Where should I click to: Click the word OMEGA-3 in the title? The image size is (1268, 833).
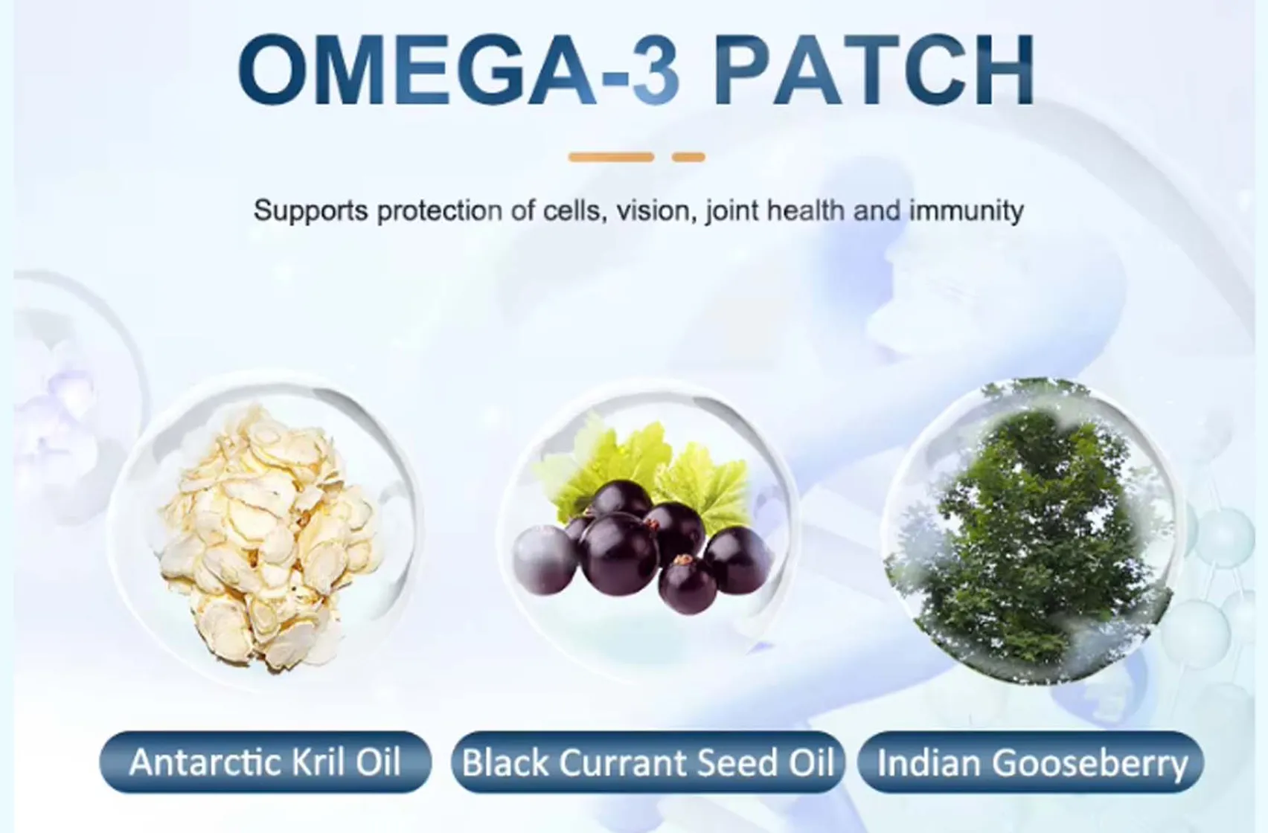click(458, 68)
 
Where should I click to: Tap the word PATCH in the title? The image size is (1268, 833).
click(875, 68)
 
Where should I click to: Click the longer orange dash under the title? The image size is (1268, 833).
click(611, 157)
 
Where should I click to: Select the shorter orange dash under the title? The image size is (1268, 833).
click(688, 157)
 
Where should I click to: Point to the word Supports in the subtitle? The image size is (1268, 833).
click(310, 211)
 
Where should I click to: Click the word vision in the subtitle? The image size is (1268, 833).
click(653, 210)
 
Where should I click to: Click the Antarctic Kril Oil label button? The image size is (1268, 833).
click(265, 762)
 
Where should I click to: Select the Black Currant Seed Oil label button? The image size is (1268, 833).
click(647, 762)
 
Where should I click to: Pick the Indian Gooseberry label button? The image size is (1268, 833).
click(1031, 762)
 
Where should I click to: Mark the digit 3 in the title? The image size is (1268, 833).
click(655, 68)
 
